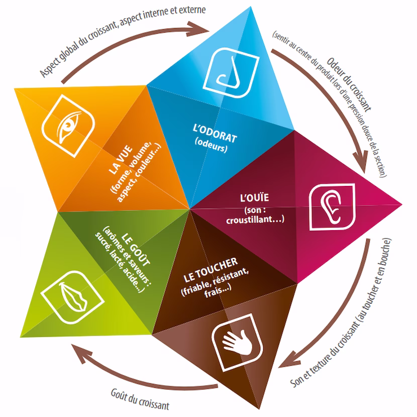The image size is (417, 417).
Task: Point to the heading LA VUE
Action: [120, 162]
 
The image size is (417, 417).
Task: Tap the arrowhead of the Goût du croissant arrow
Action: [78, 350]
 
